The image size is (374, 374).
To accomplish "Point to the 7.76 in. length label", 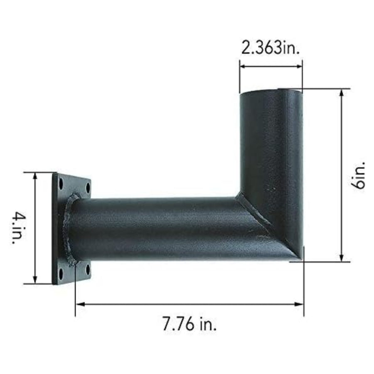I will coord(189,324).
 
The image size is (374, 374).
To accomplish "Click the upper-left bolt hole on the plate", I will coord(61,182).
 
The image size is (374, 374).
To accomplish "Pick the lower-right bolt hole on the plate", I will coord(88,270).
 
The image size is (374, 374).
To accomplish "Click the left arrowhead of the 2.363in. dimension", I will coord(242,65).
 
